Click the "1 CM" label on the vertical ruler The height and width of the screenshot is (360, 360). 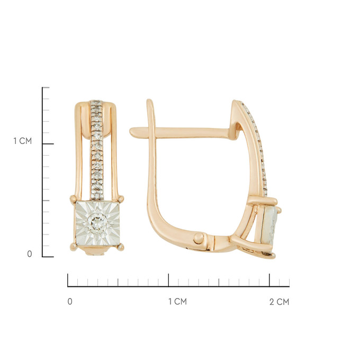coord(22,141)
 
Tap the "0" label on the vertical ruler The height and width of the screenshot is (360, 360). coord(30,254)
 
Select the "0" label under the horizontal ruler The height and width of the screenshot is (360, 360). coord(70,301)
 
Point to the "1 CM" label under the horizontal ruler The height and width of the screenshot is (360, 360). coord(177,301)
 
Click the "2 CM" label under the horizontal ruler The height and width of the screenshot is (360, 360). coord(279,302)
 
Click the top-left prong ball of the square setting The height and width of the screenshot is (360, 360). coord(73,199)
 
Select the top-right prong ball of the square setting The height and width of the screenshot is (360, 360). coord(121,199)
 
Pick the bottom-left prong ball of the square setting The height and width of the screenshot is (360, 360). coord(74,247)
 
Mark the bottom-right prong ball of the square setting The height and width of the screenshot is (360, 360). coord(121,247)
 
